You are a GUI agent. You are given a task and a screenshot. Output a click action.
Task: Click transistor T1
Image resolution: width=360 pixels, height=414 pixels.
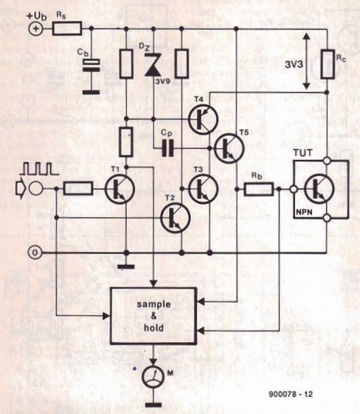[x=120, y=189]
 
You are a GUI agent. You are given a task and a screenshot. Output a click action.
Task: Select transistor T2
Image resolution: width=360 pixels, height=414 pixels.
[x=175, y=218]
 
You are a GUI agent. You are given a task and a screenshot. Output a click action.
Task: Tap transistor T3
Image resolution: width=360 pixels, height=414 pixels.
[x=203, y=188]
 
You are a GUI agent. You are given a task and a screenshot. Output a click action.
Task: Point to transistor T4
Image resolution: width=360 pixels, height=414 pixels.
[x=203, y=120]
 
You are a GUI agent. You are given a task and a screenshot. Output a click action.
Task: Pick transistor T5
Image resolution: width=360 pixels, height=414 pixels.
[x=229, y=148]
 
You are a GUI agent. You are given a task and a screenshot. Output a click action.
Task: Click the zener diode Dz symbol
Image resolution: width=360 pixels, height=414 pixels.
[x=153, y=65]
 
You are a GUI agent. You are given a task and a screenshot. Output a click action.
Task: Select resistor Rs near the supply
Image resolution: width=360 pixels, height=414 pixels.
[x=66, y=29]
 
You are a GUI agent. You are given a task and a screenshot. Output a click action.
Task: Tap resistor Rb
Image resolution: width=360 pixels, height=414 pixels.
[x=258, y=189]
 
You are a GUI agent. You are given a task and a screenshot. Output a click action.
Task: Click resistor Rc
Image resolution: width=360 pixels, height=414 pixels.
[x=328, y=64]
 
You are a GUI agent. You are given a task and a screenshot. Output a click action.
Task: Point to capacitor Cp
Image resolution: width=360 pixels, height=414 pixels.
[x=168, y=148]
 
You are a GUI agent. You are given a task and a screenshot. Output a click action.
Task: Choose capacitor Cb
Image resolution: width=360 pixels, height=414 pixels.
[x=91, y=65]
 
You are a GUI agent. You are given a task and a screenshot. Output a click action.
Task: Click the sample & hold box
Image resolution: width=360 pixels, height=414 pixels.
[x=154, y=316]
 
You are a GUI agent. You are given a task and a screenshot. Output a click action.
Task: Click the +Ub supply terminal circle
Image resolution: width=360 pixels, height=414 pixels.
[x=35, y=29]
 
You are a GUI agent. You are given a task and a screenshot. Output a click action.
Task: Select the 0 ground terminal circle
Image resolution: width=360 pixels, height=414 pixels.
[x=35, y=253]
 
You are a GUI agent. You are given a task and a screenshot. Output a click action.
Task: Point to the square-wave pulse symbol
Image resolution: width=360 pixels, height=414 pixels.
[x=39, y=168]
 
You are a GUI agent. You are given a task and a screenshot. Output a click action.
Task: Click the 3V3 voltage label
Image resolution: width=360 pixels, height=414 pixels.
[x=294, y=64]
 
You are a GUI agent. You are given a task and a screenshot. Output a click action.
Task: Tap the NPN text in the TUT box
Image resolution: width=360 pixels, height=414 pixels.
[x=304, y=212]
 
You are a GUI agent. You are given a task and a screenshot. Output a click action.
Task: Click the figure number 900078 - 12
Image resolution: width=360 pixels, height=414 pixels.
[x=290, y=394]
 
